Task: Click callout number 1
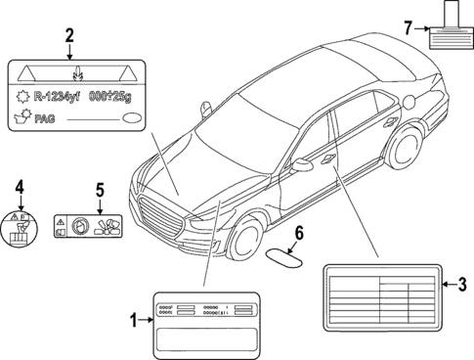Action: coord(135,318)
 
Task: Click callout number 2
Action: coord(68,35)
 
